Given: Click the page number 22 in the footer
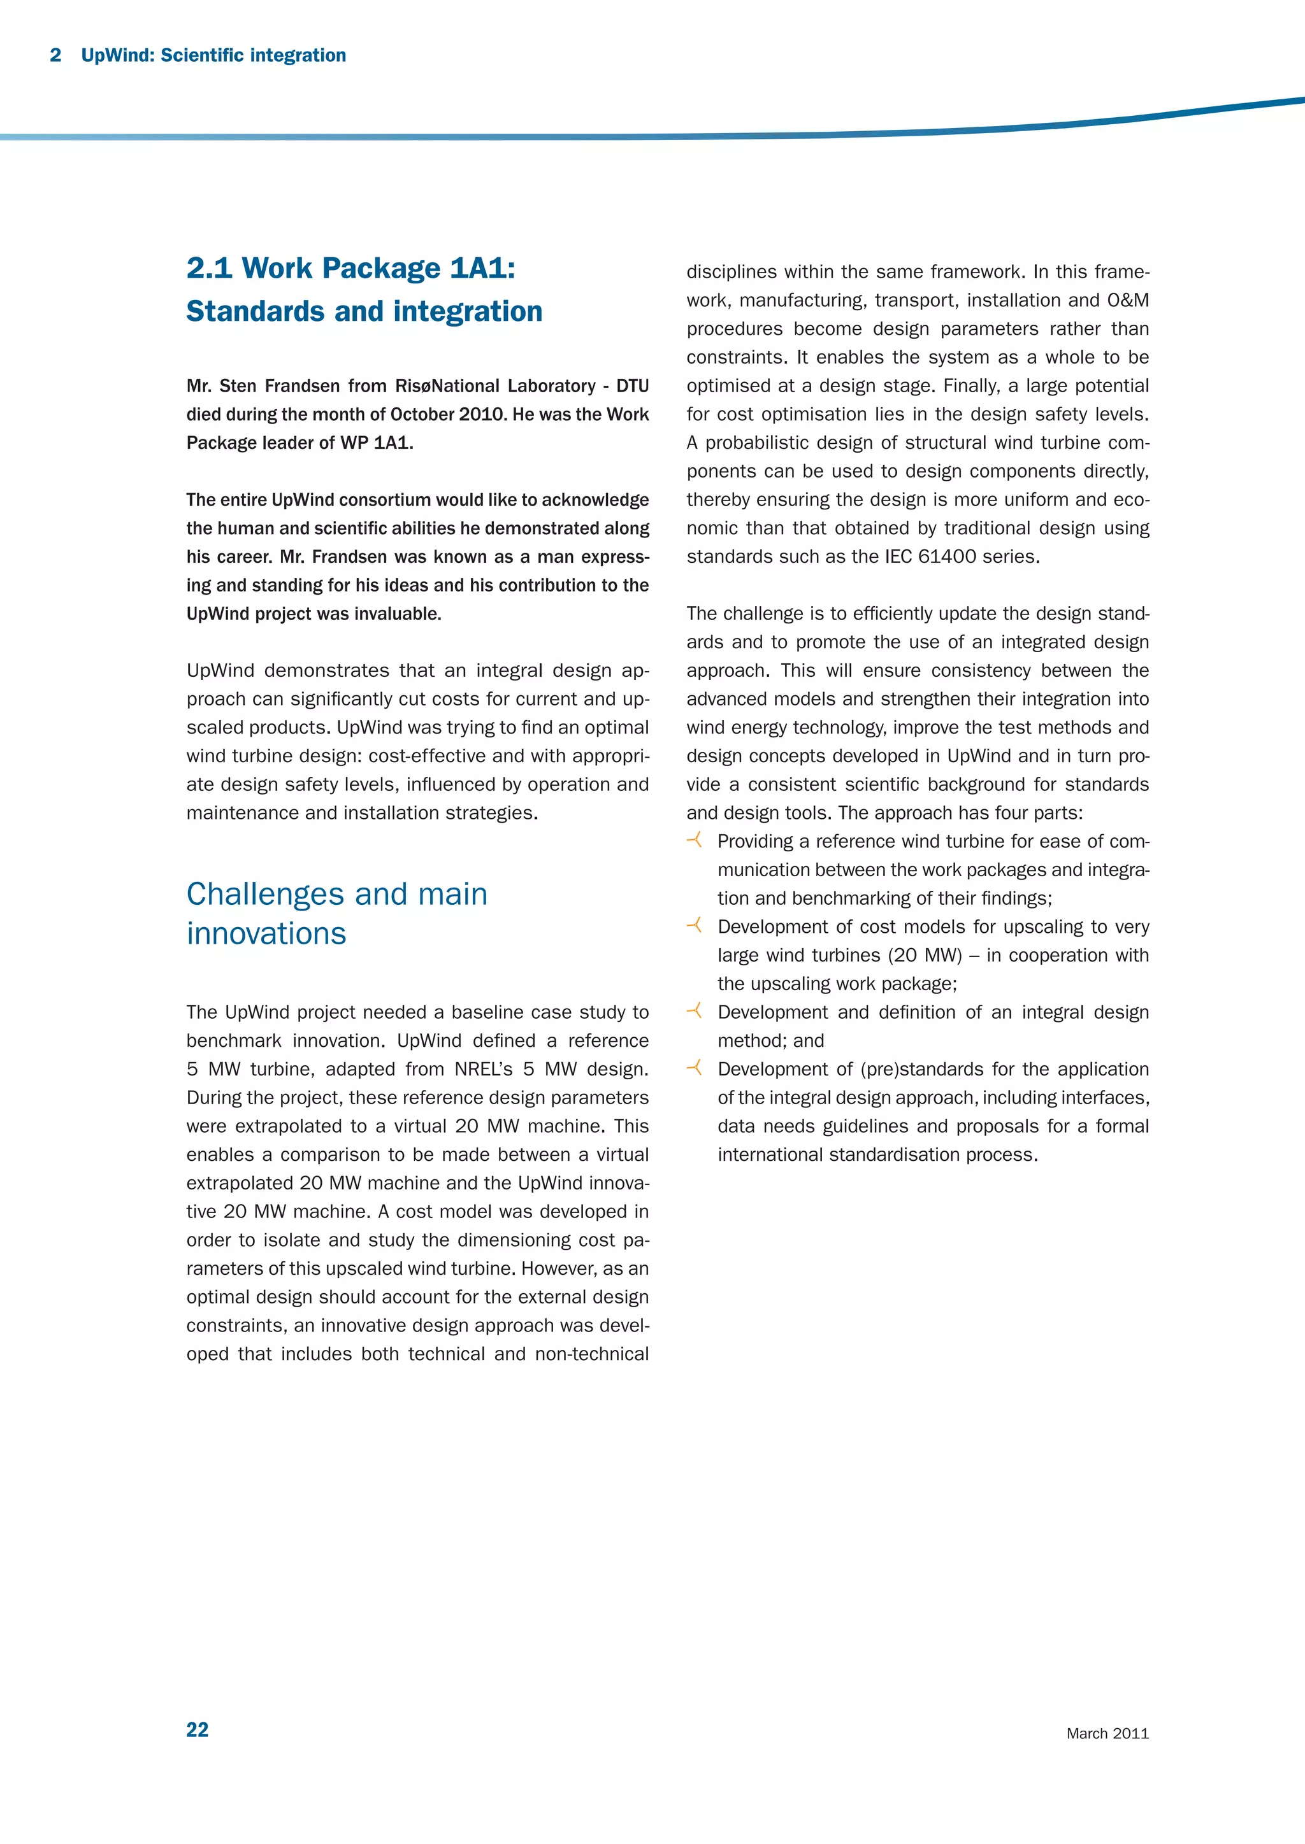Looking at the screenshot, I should (x=197, y=1729).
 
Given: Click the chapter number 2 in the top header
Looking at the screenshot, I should (x=55, y=55).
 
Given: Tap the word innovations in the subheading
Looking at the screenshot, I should (x=266, y=933).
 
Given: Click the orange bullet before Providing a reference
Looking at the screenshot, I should (x=695, y=840).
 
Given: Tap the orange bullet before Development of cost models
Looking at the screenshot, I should (x=695, y=925).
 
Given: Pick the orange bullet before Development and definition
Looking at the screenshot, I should (x=695, y=1011).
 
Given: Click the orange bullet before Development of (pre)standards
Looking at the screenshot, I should (x=695, y=1067).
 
